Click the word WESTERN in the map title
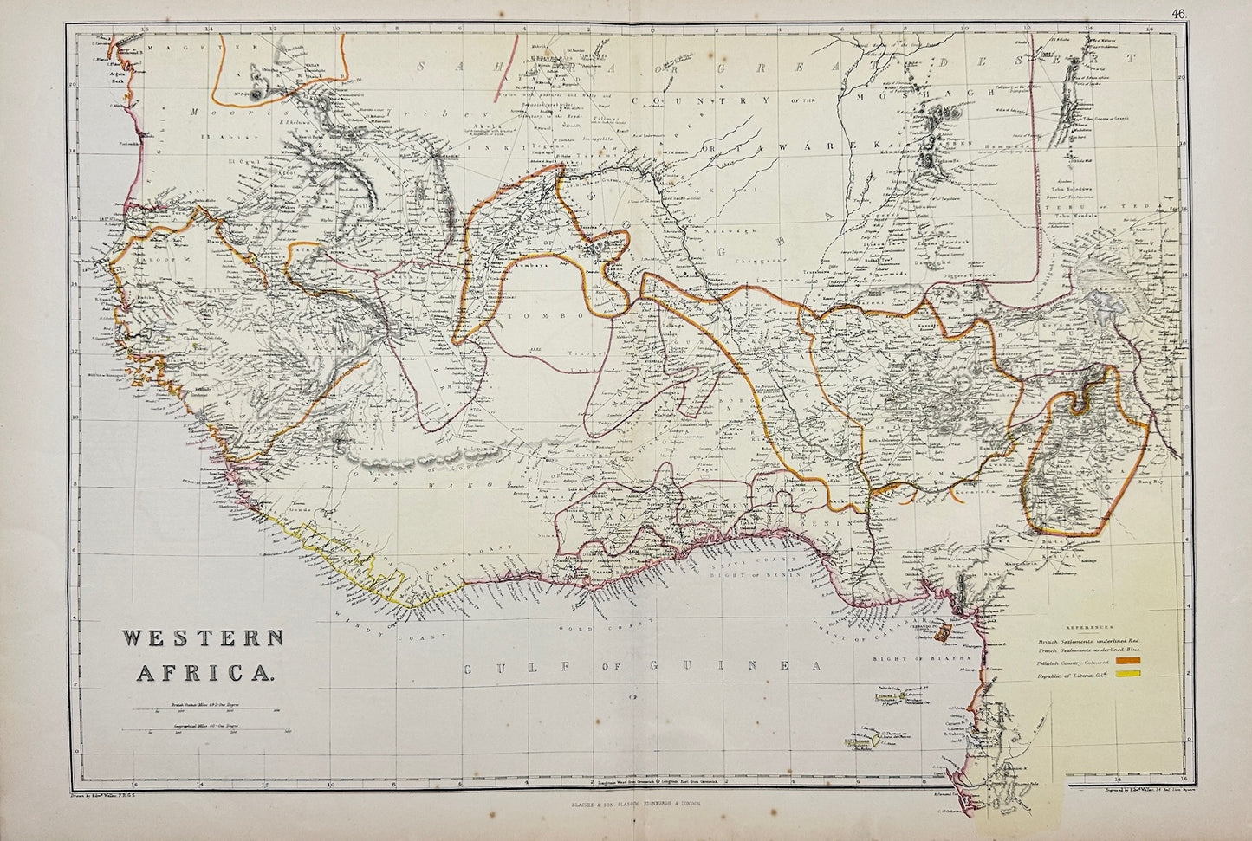pos(204,640)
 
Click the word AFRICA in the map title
pos(204,668)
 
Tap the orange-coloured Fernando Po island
pos(949,637)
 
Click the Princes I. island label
pos(884,695)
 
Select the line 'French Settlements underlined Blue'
pos(1090,650)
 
